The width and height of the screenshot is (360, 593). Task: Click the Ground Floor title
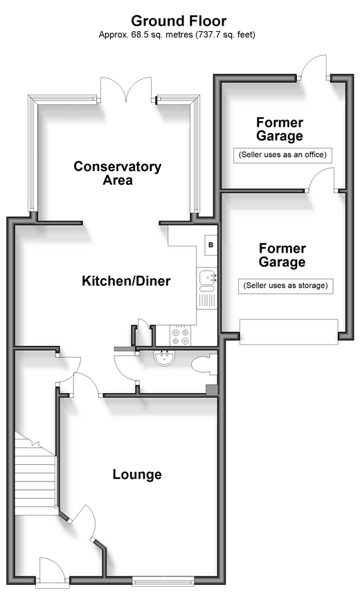pyautogui.click(x=179, y=21)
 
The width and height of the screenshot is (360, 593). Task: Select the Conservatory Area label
pyautogui.click(x=118, y=173)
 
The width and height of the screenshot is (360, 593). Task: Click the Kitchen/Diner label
pyautogui.click(x=126, y=281)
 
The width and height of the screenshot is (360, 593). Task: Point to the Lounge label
pyautogui.click(x=137, y=474)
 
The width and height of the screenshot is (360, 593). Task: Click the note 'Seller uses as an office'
pyautogui.click(x=282, y=155)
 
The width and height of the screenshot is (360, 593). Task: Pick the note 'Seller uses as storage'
pyautogui.click(x=286, y=285)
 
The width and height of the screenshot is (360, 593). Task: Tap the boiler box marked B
pyautogui.click(x=211, y=245)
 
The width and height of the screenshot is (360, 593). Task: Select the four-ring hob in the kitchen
pyautogui.click(x=180, y=336)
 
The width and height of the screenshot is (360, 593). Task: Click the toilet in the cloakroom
pyautogui.click(x=204, y=365)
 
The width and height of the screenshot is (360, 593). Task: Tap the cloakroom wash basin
pyautogui.click(x=164, y=357)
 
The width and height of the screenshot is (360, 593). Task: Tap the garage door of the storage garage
pyautogui.click(x=289, y=331)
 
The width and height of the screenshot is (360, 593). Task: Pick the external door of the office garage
pyautogui.click(x=313, y=68)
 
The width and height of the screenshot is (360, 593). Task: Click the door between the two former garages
pyautogui.click(x=323, y=179)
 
